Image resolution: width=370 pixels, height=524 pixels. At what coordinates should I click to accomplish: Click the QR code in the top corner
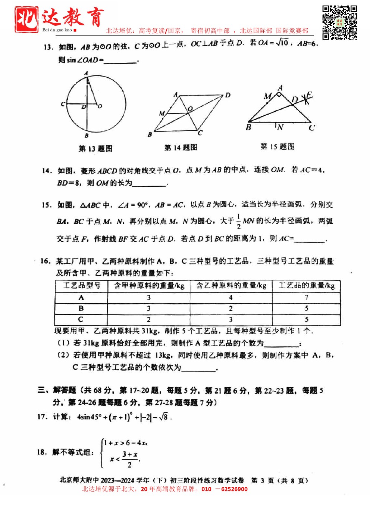coord(339,22)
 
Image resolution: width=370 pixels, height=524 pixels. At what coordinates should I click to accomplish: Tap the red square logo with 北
coord(26,19)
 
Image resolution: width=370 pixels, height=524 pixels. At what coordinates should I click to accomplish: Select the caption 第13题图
coord(95,149)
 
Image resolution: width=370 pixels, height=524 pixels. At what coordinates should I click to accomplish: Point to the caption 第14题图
coord(181,148)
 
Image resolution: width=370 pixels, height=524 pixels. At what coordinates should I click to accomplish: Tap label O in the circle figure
coord(100,106)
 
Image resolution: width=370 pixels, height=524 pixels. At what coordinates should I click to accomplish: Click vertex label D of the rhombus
coord(228,95)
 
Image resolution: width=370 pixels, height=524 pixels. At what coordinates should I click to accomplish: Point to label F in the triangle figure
coord(309,95)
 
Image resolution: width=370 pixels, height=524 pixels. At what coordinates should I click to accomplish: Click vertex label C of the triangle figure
coord(312,128)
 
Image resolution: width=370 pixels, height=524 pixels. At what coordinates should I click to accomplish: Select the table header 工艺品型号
coord(81,286)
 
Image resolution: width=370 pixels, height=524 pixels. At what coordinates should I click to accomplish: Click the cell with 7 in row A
coord(306,297)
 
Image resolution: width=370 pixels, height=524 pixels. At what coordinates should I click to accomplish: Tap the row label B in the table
coord(81,308)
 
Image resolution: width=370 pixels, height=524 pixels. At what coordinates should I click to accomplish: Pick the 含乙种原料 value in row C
coord(231,320)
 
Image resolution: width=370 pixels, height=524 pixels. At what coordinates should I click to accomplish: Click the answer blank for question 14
coord(149,183)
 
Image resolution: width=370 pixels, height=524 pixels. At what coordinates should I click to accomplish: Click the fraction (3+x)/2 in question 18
coord(130,459)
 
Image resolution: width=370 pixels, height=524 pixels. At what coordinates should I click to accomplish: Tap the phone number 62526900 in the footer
coord(234,489)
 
